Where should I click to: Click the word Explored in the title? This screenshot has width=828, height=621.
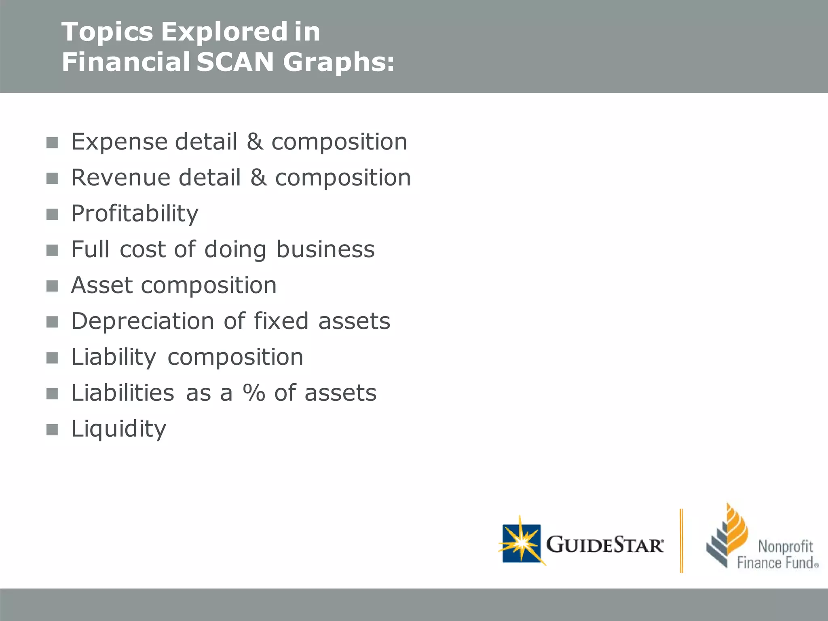(x=224, y=32)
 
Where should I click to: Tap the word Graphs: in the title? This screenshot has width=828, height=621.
(x=339, y=63)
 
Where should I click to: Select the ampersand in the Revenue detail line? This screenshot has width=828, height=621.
(x=258, y=177)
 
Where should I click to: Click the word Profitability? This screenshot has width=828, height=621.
(x=135, y=213)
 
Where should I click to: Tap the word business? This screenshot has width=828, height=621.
(x=325, y=249)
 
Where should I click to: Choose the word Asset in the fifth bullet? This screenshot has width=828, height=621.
(x=101, y=285)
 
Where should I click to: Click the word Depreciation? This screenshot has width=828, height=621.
(x=143, y=321)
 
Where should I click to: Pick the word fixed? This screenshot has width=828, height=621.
(x=281, y=321)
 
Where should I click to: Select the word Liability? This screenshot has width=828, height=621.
(x=114, y=357)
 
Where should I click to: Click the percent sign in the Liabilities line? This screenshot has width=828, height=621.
(x=254, y=393)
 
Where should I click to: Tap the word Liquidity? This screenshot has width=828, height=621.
(x=118, y=429)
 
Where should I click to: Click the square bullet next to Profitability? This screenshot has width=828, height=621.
(x=52, y=214)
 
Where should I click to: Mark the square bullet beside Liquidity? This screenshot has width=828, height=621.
(x=52, y=429)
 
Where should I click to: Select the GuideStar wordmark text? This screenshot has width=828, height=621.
(x=605, y=544)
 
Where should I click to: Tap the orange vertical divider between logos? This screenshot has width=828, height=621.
(x=682, y=541)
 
